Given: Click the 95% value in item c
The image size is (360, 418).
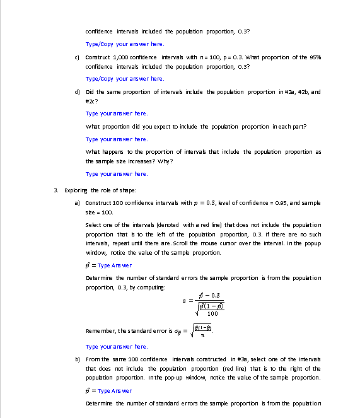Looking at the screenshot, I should pos(315,57).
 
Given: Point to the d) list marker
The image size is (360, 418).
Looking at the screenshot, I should pos(77,91).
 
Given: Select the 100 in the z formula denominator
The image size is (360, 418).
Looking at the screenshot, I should pos(212,313).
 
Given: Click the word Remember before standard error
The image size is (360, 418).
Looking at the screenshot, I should pos(100,330).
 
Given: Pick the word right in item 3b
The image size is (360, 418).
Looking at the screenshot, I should pos(294,368).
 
